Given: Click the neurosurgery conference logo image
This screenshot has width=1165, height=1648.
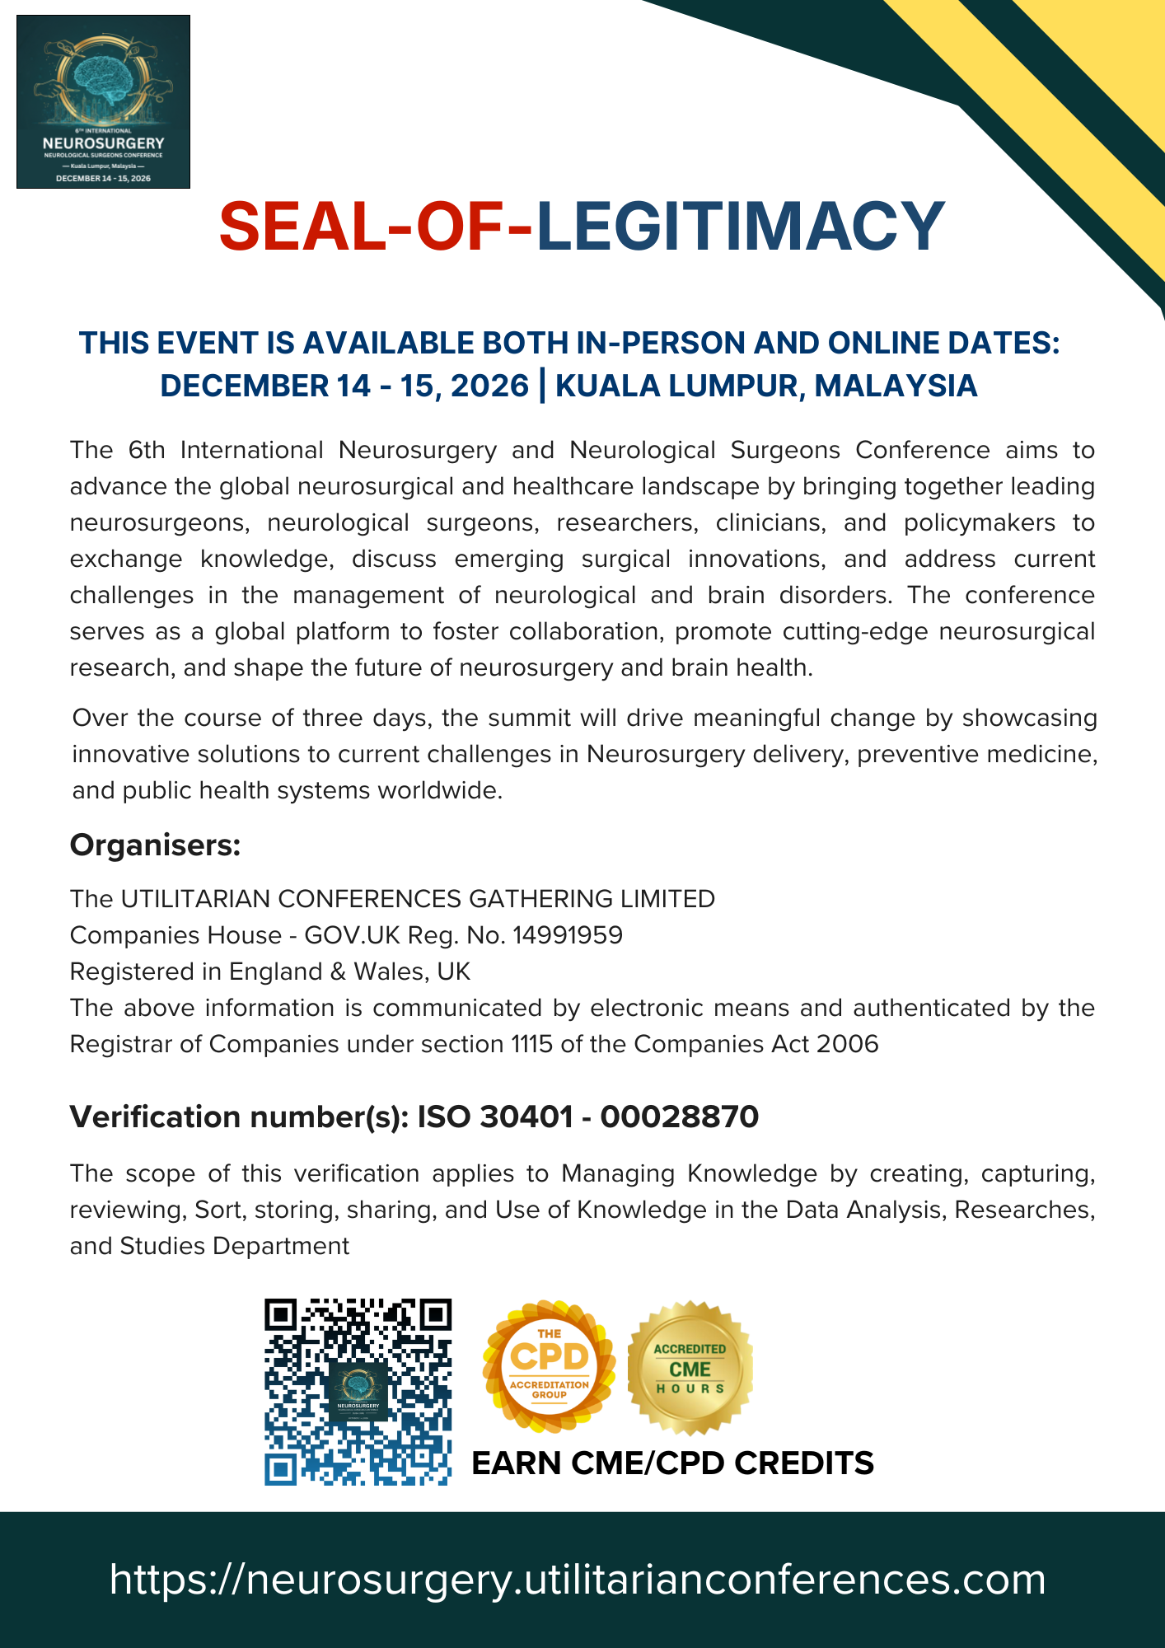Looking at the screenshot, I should pos(103,101).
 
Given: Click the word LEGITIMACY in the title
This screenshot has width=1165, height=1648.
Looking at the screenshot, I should pos(740,226).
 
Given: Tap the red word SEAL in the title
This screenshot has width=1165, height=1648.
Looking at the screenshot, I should pos(297,226).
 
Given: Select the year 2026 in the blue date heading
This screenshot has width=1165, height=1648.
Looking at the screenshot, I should pos(489,386).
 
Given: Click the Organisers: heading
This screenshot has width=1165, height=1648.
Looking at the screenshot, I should pos(155,845).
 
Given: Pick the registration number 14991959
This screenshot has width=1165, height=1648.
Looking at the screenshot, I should pos(568,935).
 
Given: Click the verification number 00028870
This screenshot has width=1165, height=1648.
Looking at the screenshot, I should pos(679,1117).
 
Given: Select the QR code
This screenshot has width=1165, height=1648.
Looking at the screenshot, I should pos(358,1392).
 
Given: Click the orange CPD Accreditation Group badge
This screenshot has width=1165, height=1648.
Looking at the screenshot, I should pos(549,1369).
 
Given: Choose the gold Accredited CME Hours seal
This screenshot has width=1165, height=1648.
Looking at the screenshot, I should pos(690,1369).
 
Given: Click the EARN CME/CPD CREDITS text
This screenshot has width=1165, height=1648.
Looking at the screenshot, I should pos(672,1463).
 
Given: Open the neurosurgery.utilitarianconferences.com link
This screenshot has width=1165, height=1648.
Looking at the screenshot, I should pos(578,1580).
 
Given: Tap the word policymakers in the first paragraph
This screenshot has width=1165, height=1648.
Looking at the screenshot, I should pos(979,523).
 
